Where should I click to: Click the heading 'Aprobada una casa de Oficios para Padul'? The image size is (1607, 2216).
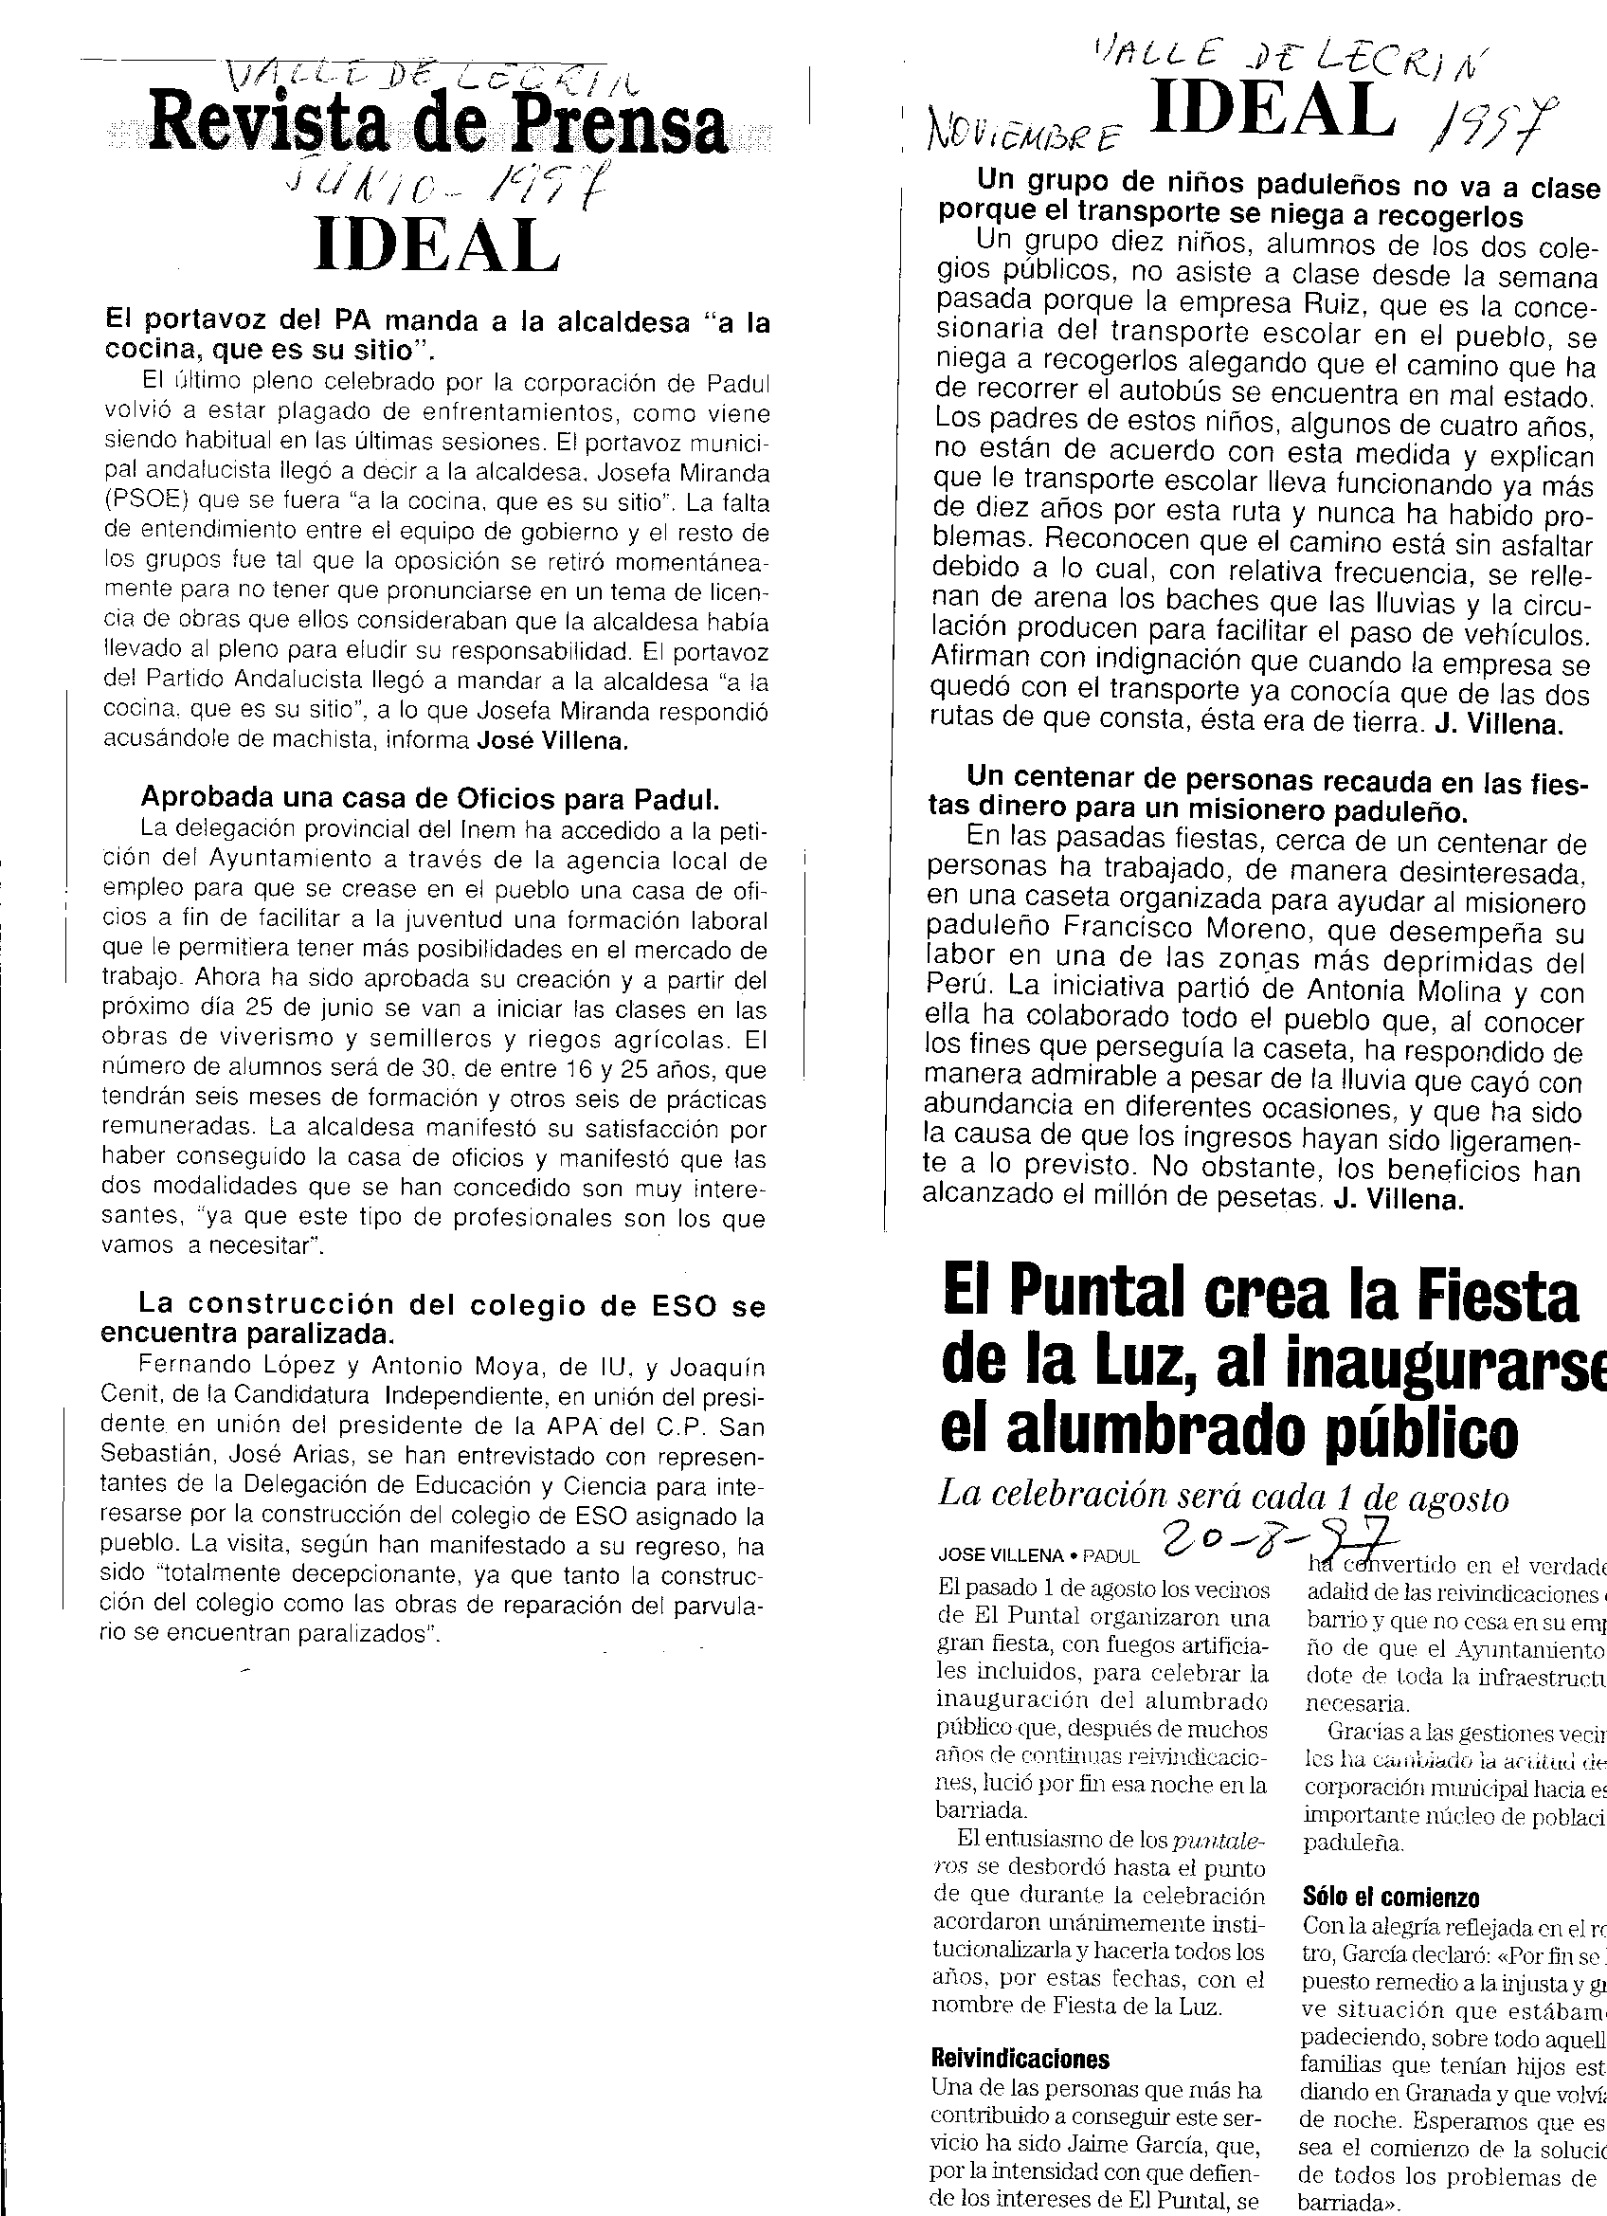tap(430, 798)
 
